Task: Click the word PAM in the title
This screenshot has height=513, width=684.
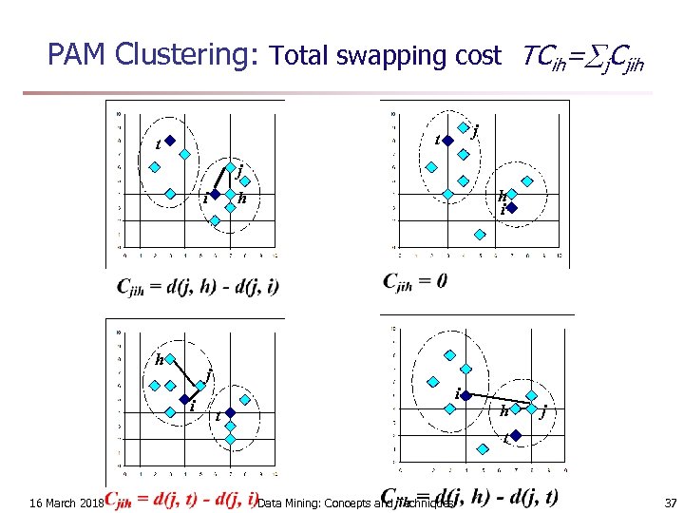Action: [x=77, y=54]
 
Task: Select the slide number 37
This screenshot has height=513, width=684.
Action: [x=671, y=502]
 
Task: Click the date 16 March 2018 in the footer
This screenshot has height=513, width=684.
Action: [x=66, y=502]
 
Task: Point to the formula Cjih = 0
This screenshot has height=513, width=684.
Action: [x=415, y=281]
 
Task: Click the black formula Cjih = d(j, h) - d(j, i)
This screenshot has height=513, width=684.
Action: [x=198, y=286]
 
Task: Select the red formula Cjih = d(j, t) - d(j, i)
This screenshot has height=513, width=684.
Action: [x=181, y=499]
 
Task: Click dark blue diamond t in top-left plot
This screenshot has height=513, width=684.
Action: [x=172, y=141]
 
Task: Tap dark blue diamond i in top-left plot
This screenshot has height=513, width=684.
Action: [x=216, y=194]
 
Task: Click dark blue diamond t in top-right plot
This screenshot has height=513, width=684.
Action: [x=448, y=141]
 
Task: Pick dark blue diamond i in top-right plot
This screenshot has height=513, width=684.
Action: [x=511, y=207]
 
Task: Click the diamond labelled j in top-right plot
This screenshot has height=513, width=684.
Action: [x=463, y=127]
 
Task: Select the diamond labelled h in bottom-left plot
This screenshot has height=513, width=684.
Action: [x=172, y=360]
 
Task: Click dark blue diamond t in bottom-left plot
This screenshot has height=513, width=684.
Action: [x=228, y=413]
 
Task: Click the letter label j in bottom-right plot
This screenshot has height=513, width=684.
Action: [x=542, y=411]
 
